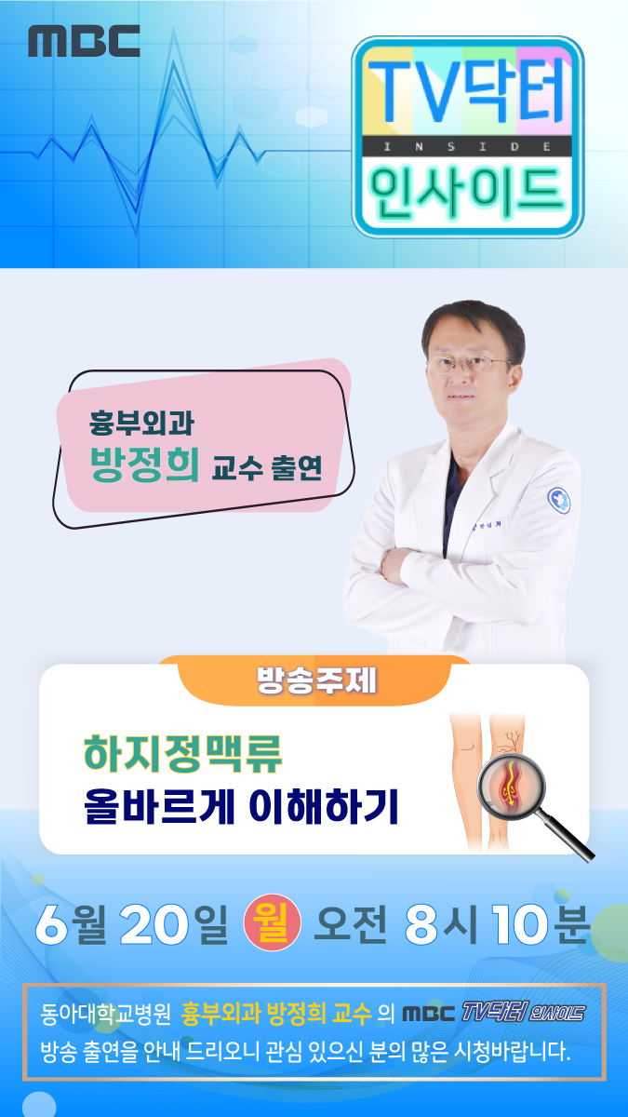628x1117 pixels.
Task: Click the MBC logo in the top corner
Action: click(84, 41)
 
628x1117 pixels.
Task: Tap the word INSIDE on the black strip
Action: click(467, 147)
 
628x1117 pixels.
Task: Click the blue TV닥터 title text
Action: click(467, 90)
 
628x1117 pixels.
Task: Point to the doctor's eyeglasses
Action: click(469, 365)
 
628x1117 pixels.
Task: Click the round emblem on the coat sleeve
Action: click(559, 499)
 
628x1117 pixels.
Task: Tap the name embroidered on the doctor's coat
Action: click(487, 526)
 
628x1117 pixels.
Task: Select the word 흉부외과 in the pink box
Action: click(141, 423)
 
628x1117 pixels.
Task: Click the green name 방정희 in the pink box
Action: click(144, 464)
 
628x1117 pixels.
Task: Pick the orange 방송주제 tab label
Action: click(317, 680)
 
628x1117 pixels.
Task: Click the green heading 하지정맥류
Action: click(183, 753)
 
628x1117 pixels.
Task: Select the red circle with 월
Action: click(272, 922)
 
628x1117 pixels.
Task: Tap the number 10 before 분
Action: click(521, 923)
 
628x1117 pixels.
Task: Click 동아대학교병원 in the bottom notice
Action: click(106, 1014)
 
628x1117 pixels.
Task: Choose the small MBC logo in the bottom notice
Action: click(429, 1014)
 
